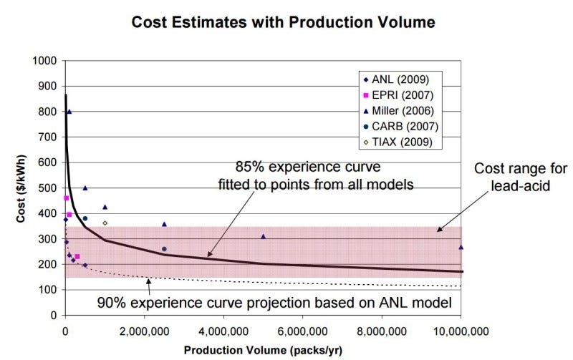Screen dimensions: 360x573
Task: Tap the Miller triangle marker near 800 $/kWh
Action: (x=69, y=112)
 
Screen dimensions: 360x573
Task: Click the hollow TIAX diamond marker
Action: (x=105, y=223)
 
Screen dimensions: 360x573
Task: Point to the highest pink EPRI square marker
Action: (x=66, y=198)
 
